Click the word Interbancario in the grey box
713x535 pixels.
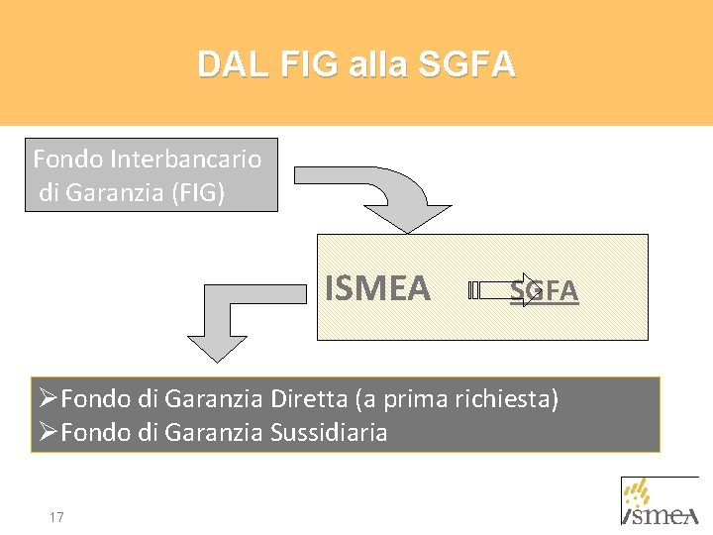tap(186, 159)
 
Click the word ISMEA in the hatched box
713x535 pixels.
tap(377, 288)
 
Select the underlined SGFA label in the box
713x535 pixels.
tap(544, 290)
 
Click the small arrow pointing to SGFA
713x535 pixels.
tap(500, 289)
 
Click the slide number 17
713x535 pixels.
tap(56, 517)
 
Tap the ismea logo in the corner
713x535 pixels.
tap(661, 501)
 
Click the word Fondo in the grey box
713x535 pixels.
tap(68, 159)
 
